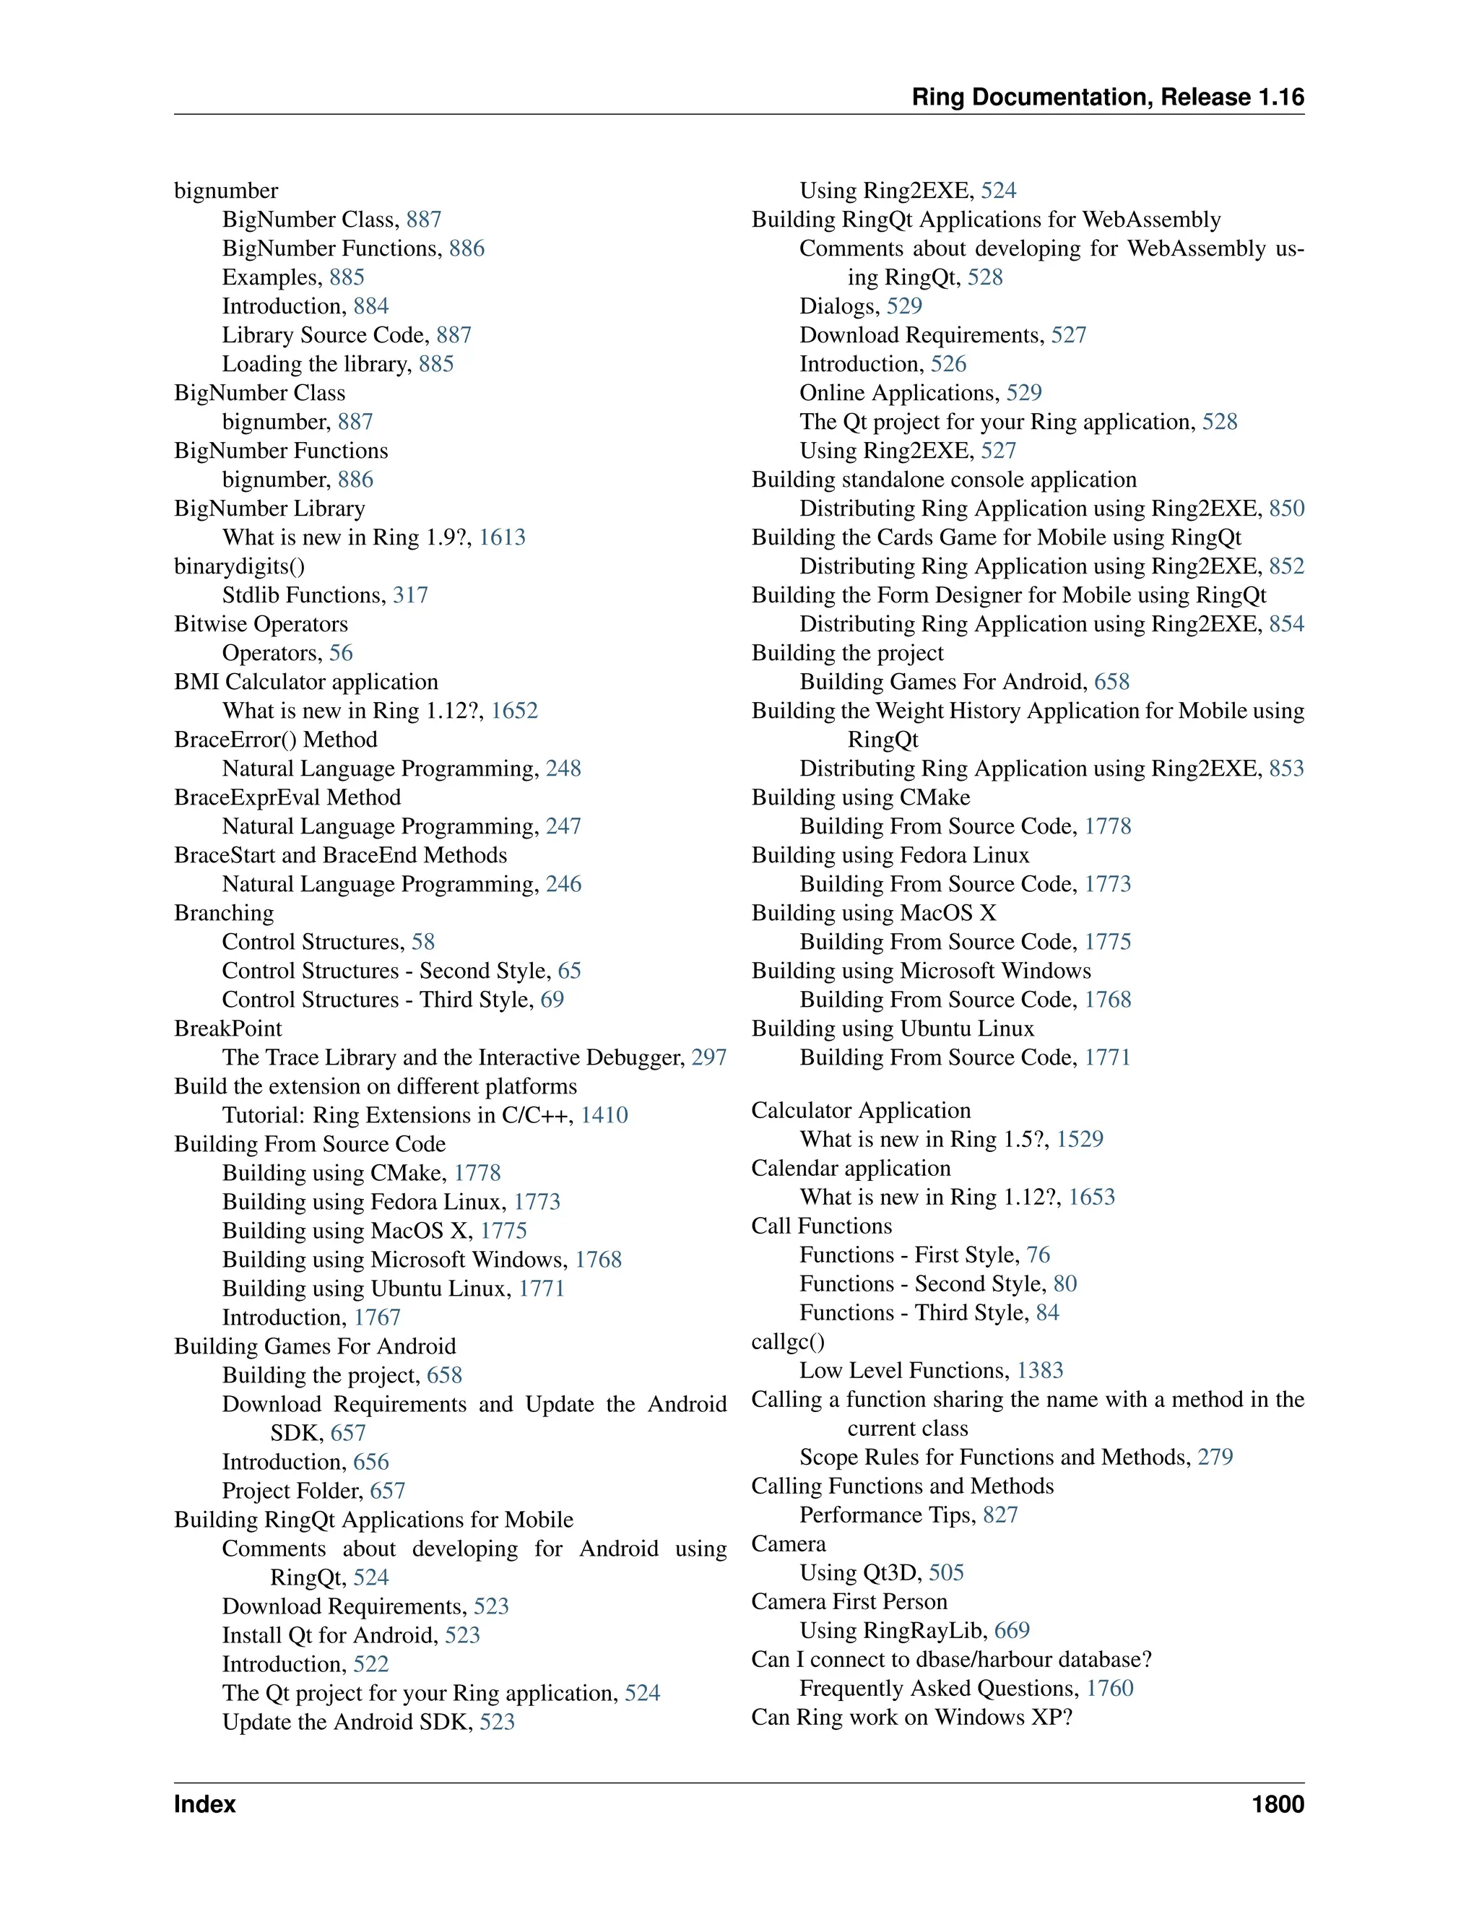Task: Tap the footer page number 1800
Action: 1278,1804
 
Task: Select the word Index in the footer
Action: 205,1804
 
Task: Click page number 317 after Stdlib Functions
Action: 410,595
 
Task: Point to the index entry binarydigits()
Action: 239,566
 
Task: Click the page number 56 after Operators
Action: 341,653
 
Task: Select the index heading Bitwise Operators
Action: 260,624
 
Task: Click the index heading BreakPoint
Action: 227,1028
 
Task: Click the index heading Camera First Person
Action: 849,1601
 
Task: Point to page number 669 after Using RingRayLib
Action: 1012,1630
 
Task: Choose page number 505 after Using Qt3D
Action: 946,1572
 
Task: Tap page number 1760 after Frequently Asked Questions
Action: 1109,1688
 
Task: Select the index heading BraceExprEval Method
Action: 287,797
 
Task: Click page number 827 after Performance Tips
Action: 999,1515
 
